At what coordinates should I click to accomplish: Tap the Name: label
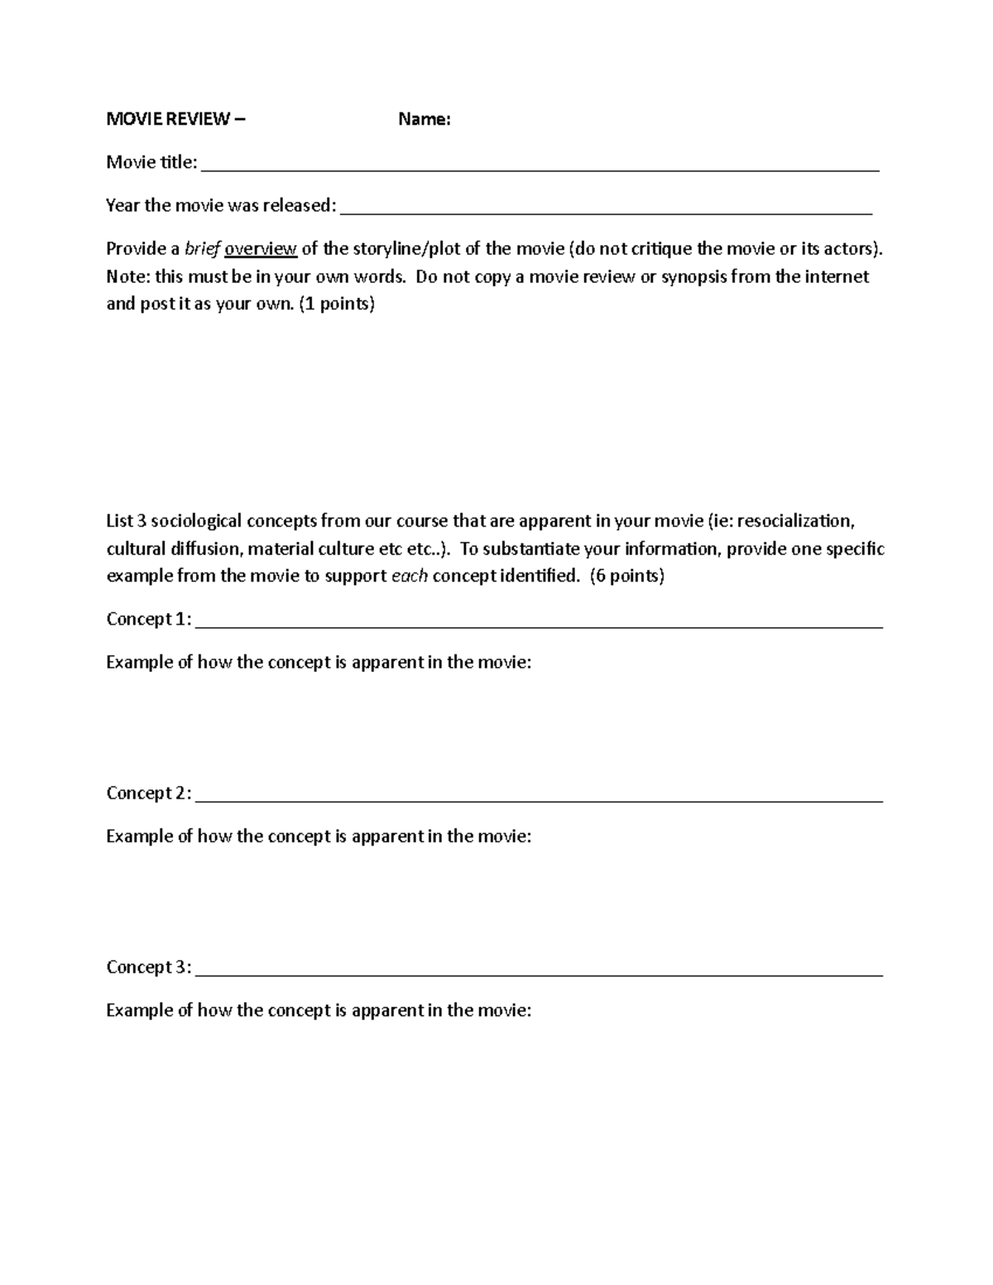click(x=425, y=119)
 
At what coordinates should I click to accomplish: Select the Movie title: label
click(x=152, y=162)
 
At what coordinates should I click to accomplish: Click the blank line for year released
click(x=606, y=209)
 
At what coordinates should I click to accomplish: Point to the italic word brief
click(x=202, y=249)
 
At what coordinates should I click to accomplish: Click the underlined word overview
click(x=261, y=249)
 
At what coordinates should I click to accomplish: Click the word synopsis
click(x=693, y=276)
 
